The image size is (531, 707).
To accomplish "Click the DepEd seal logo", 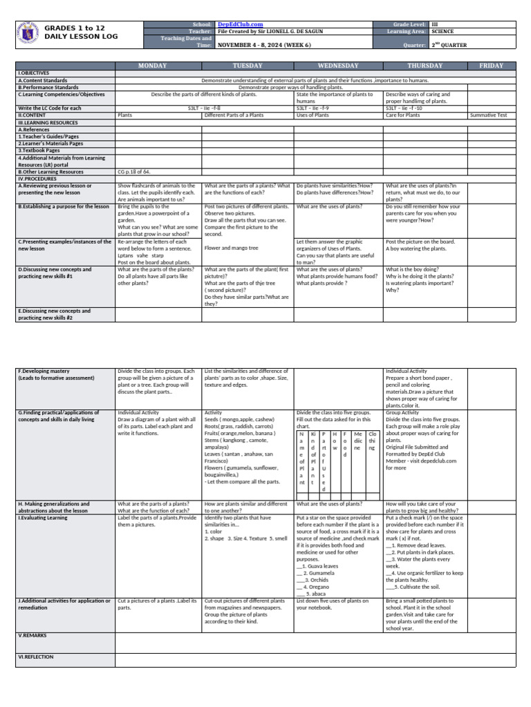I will tap(26, 35).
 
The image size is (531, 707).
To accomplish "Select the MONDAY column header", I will tap(158, 66).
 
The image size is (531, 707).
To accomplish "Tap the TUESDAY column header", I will tap(248, 66).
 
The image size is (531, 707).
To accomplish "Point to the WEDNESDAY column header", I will tap(339, 66).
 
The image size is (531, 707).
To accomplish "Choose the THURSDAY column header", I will tap(425, 66).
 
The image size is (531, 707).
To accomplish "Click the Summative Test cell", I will tap(488, 115).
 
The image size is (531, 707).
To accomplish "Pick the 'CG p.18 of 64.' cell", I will tap(134, 171).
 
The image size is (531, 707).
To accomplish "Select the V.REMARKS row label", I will tap(32, 635).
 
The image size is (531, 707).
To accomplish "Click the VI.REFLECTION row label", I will tap(35, 657).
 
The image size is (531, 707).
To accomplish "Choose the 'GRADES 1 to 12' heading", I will tap(75, 28).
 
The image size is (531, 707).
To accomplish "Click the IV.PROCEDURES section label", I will tap(37, 177).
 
